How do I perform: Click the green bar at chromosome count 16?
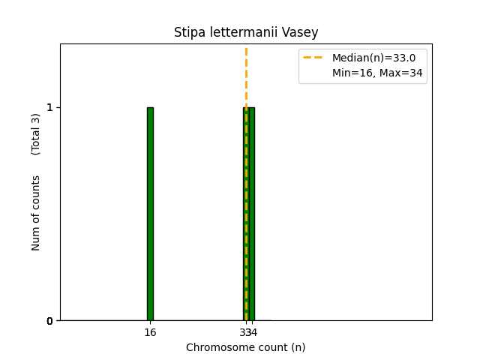(150, 214)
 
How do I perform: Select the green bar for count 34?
(252, 214)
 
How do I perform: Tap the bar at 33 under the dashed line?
(244, 214)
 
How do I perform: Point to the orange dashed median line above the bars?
(246, 75)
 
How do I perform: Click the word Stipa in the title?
(187, 32)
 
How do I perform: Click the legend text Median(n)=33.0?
(373, 58)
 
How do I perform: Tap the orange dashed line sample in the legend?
(313, 58)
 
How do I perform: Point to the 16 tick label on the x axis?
(150, 332)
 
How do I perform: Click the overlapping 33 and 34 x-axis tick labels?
(247, 332)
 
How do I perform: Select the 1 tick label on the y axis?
(49, 107)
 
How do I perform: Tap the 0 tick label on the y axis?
(49, 321)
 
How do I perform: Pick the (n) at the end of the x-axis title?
(298, 347)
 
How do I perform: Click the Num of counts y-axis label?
(36, 213)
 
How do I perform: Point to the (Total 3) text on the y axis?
(36, 134)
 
